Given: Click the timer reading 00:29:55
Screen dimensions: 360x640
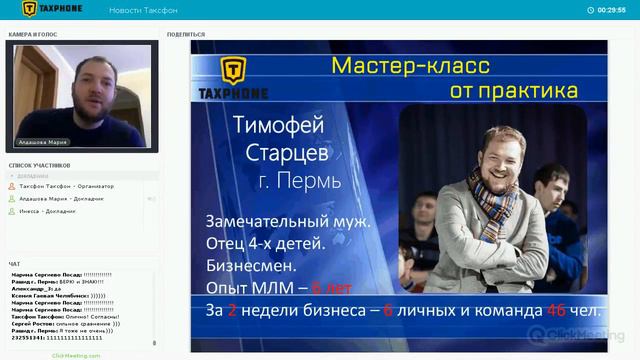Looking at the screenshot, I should pos(611,10).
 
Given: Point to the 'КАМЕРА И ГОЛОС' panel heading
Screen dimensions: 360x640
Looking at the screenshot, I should pos(33,34).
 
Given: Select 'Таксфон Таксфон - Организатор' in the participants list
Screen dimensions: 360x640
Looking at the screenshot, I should pos(67,186).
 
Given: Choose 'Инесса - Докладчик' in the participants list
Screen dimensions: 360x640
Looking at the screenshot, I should pos(49,212).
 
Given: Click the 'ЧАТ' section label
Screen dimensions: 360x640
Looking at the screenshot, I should pos(15,263).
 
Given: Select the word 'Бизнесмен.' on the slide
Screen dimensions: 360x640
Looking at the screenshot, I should pos(250,267).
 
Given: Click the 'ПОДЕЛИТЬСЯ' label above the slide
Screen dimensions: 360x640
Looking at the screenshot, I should pos(187,34).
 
